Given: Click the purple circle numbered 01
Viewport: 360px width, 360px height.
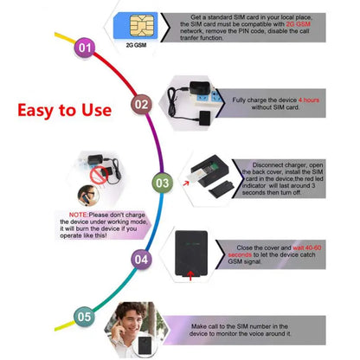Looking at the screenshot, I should click(x=84, y=47).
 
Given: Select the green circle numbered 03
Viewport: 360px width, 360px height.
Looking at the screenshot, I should click(x=161, y=183).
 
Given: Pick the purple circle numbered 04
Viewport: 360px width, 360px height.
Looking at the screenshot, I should click(x=141, y=259).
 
